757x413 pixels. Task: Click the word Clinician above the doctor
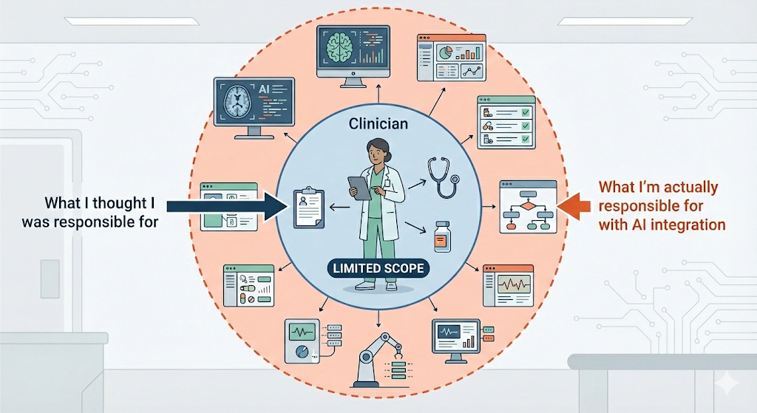pos(378,123)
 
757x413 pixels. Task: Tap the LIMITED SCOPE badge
pos(378,268)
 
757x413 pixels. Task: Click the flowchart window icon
pos(528,206)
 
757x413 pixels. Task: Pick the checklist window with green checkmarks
pos(506,122)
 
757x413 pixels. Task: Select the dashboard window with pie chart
pos(451,58)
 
